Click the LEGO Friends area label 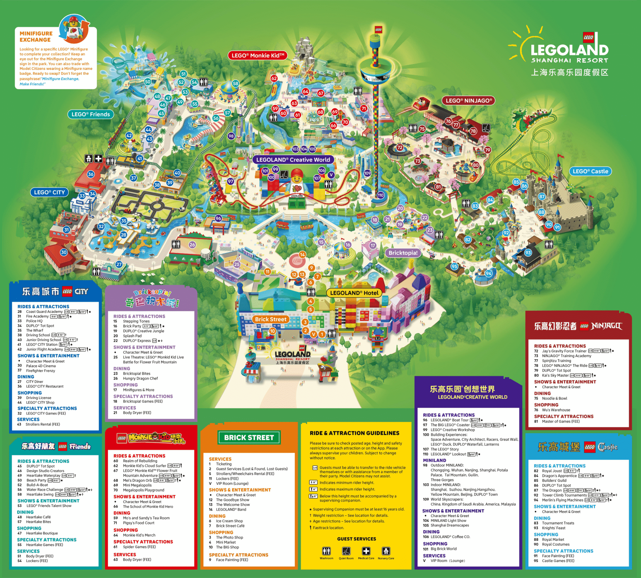[90, 114]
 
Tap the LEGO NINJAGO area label [469, 101]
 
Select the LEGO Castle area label [590, 171]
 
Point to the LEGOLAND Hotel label [354, 293]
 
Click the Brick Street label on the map [271, 319]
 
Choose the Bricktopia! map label [403, 253]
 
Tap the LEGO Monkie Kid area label [258, 56]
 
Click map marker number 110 [381, 195]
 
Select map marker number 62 [274, 79]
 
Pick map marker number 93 [528, 253]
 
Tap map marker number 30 [64, 252]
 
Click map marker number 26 [192, 244]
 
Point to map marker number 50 [148, 82]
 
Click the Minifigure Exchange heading [35, 37]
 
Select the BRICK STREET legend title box [249, 437]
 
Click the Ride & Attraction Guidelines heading [355, 433]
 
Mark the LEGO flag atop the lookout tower [378, 29]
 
